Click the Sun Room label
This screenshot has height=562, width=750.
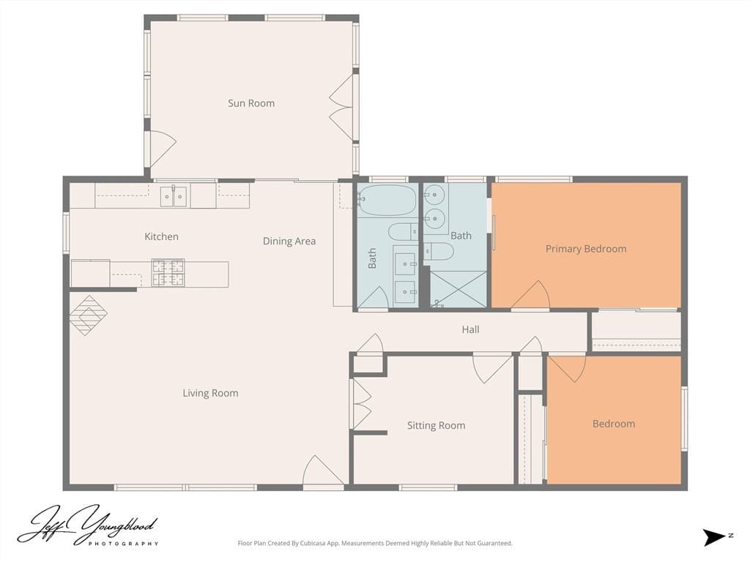(x=251, y=103)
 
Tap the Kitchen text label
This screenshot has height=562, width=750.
(x=161, y=236)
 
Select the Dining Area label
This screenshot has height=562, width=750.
(x=289, y=241)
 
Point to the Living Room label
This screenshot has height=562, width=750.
(x=210, y=393)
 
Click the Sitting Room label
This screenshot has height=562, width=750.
(x=436, y=425)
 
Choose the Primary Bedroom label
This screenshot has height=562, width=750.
(x=586, y=249)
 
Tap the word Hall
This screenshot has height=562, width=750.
(x=470, y=329)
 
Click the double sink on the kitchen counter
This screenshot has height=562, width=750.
(x=174, y=196)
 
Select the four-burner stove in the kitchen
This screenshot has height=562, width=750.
(x=168, y=273)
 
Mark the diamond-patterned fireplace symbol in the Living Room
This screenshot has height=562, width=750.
(x=88, y=315)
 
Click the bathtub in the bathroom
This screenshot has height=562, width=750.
(x=387, y=201)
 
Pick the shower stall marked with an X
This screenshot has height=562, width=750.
(x=458, y=289)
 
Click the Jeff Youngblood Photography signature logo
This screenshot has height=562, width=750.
(x=88, y=525)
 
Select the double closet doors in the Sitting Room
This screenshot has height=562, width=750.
(x=362, y=404)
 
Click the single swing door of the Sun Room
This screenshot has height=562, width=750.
(x=160, y=149)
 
